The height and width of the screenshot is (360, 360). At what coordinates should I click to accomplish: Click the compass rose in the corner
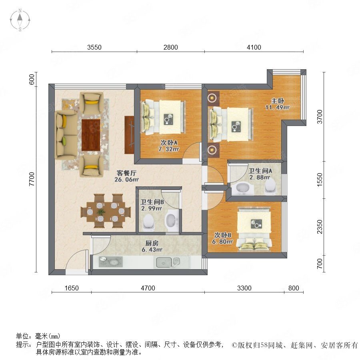coord(20,20)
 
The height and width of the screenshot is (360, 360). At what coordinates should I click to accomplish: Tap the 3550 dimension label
coord(94,47)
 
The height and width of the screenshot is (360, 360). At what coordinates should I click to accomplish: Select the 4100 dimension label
coord(254,47)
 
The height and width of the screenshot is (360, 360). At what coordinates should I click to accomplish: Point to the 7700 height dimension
coord(32,179)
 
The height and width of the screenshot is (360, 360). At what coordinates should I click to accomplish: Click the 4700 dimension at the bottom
coord(148,288)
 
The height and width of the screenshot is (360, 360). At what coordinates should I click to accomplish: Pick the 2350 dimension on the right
coord(320,227)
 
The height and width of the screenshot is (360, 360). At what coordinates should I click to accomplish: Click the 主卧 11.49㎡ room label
coord(278,104)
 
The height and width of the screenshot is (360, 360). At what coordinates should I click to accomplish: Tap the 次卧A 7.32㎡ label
coord(169,146)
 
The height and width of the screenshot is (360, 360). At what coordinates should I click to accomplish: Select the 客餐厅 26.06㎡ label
coord(126,176)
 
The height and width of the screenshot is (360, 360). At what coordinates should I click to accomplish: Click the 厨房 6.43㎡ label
coord(152,246)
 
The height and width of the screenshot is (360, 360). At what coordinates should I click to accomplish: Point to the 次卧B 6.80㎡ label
coord(222,238)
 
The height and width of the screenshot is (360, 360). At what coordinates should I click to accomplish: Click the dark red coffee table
coord(91,135)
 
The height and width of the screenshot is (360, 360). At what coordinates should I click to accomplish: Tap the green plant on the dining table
coord(100,212)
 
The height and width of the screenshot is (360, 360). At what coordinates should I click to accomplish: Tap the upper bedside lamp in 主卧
coord(212,98)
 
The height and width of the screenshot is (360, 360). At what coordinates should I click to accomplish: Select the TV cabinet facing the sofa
coord(129,135)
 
